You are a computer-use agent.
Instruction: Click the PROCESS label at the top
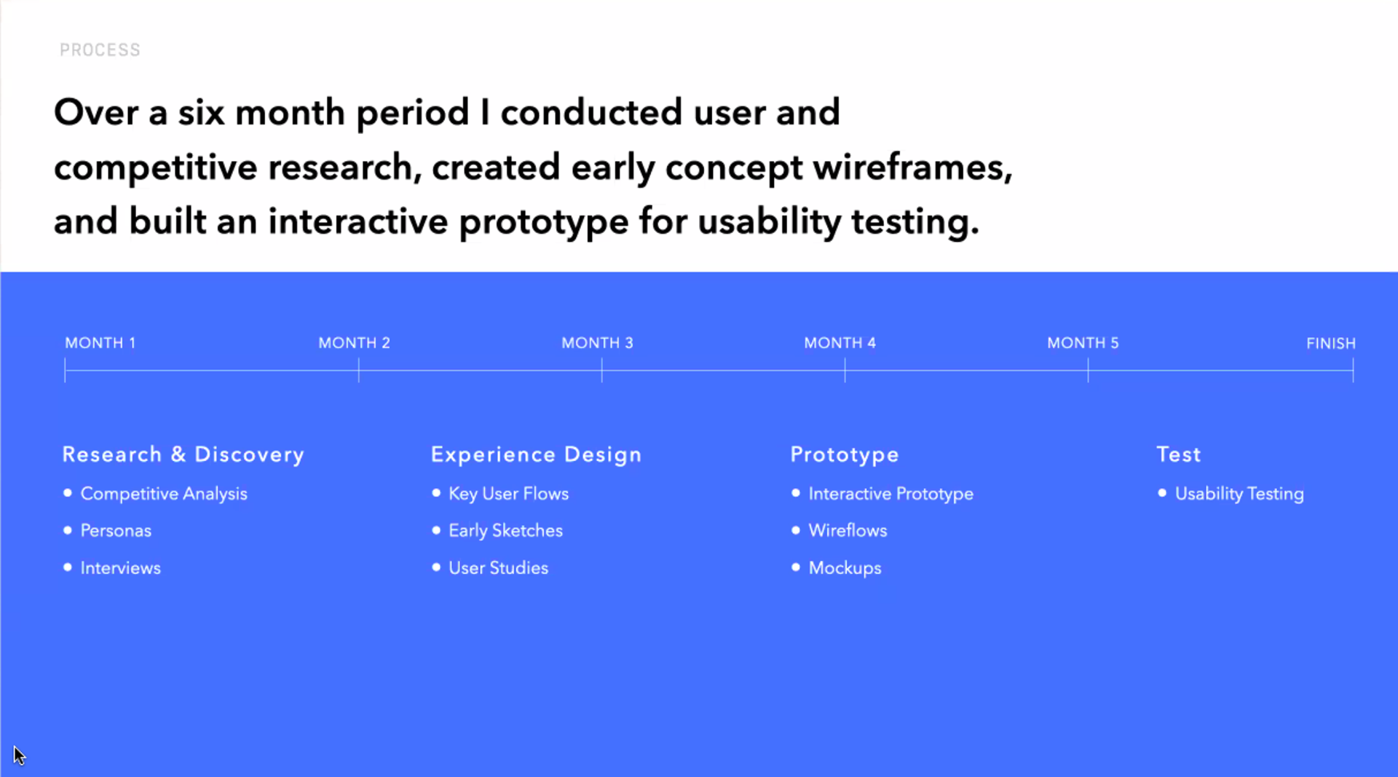tap(100, 50)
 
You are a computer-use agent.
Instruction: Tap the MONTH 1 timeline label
tap(100, 343)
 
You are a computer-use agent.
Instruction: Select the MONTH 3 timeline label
tap(597, 343)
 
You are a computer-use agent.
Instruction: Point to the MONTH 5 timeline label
tap(1083, 343)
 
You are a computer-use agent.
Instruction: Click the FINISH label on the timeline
tap(1331, 344)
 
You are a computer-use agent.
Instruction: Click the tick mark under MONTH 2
tap(359, 371)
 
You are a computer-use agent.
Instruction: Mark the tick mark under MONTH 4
tap(845, 371)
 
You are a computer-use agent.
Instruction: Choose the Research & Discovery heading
tap(183, 454)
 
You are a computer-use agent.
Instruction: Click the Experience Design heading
tap(536, 454)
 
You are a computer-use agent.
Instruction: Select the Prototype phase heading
tap(845, 455)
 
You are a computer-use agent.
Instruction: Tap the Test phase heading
tap(1179, 454)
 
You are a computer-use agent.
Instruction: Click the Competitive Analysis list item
tap(164, 494)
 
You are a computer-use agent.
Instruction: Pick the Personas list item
tap(116, 531)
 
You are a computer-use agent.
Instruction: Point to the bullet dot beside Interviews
tap(68, 567)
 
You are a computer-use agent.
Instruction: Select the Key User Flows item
tap(508, 494)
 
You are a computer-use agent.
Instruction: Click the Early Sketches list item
tap(505, 531)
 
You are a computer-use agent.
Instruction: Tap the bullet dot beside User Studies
tap(436, 567)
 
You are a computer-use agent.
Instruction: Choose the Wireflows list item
tap(848, 531)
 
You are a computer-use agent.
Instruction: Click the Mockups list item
tap(845, 568)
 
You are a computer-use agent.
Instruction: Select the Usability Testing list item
tap(1239, 494)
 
